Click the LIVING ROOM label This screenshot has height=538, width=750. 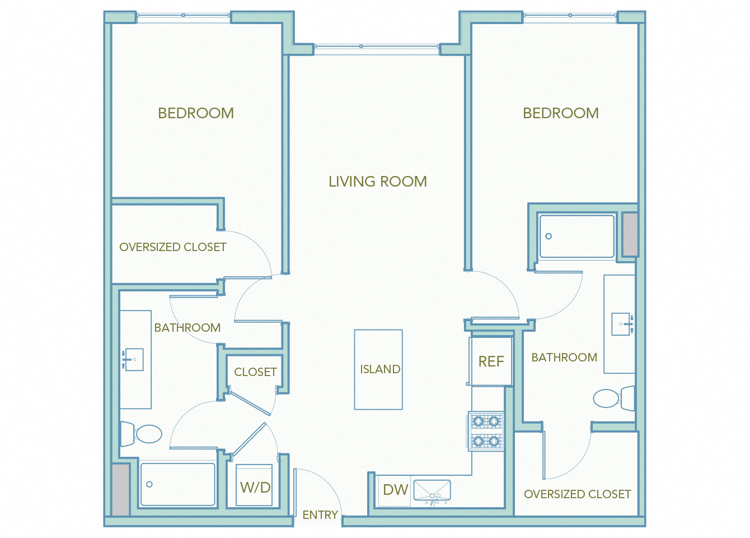tap(377, 182)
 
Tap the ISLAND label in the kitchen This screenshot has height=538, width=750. tap(379, 369)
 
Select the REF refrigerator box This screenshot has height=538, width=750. tap(491, 361)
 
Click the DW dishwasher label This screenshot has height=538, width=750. tap(395, 490)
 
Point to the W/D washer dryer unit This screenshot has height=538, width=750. tap(255, 486)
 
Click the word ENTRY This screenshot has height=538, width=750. tap(320, 515)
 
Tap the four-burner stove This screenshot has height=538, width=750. tap(486, 431)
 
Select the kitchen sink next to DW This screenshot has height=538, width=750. tap(432, 490)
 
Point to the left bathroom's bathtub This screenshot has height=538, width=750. tap(177, 484)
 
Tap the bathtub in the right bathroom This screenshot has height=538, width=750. tap(576, 236)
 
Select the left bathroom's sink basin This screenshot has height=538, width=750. tap(134, 359)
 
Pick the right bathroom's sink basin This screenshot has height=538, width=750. tap(621, 324)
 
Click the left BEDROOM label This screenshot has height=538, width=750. tap(196, 113)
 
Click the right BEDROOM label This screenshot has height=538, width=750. tap(560, 113)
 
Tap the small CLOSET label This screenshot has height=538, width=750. tap(255, 372)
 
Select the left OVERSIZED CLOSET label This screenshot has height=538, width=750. tap(172, 247)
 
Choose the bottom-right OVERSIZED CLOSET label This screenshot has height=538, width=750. tap(577, 494)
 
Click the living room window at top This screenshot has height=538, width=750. tap(377, 47)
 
